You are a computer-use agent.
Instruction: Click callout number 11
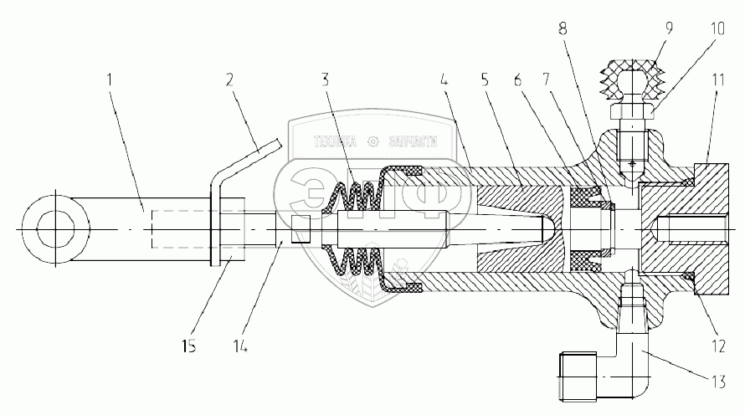coord(717,82)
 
